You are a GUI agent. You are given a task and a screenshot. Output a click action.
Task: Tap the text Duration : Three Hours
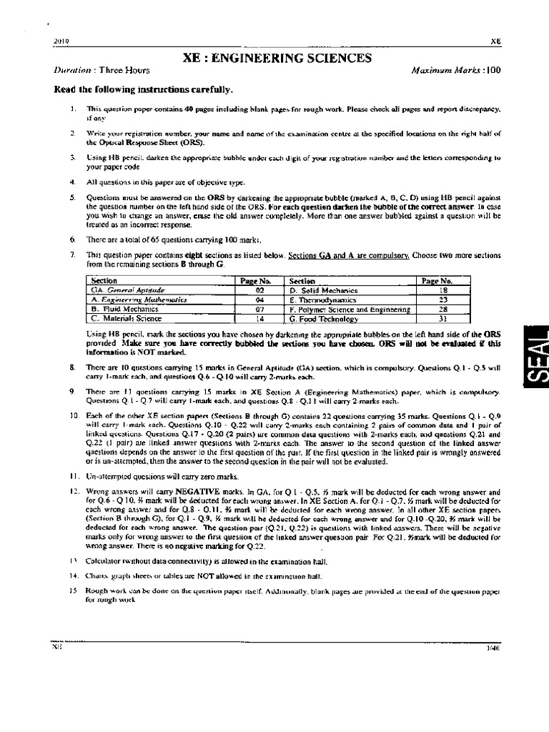coord(93,71)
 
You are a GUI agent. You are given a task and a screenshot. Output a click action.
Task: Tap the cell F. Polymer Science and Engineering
coord(350,310)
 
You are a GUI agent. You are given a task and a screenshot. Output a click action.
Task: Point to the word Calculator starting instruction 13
coord(105,561)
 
